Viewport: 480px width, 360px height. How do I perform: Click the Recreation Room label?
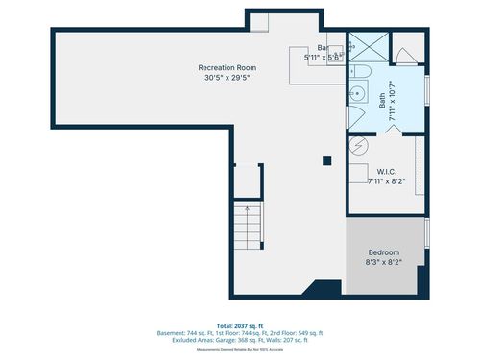click(x=228, y=67)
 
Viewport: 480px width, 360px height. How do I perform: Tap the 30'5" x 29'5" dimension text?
click(x=228, y=78)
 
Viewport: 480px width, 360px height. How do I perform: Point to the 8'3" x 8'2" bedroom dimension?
click(x=384, y=261)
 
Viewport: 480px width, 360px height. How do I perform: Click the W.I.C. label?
click(x=388, y=170)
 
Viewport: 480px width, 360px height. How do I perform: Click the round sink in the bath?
click(x=356, y=93)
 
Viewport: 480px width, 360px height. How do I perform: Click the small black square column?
click(x=327, y=160)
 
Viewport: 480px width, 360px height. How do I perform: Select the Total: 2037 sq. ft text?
click(x=240, y=325)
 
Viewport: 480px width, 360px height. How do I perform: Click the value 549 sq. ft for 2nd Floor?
click(x=307, y=332)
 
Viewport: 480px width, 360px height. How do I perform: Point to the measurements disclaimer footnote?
click(x=240, y=349)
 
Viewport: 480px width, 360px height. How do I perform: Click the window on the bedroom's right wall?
click(x=426, y=231)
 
